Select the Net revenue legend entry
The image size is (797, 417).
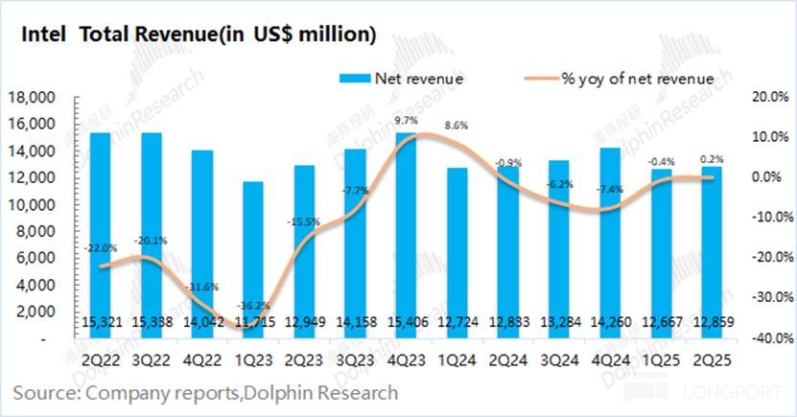[418, 78]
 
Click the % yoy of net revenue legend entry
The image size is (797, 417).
[638, 78]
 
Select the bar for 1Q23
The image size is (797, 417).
[225, 259]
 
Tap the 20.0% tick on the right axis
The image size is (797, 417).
[768, 98]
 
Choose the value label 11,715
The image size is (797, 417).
[225, 322]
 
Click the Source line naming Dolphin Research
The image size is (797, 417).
[205, 393]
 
